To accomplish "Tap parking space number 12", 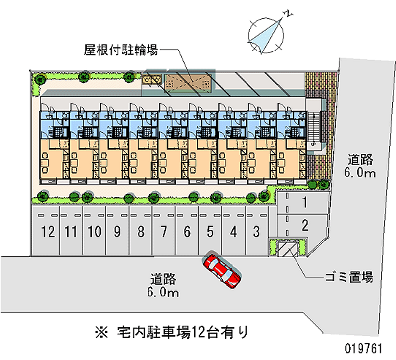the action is [48, 231].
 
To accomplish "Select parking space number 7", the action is [164, 231].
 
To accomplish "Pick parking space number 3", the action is [256, 231].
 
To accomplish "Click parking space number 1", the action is [305, 202].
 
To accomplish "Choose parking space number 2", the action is [305, 226].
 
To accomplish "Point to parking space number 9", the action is [117, 231].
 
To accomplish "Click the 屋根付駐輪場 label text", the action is [121, 50].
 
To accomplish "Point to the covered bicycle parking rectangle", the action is [190, 82].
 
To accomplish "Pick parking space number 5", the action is [210, 231].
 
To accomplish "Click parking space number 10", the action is [95, 231].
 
